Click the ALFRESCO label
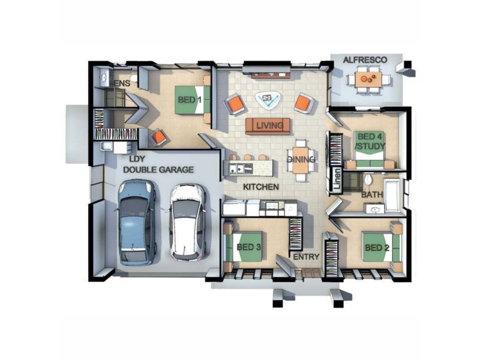[364, 60]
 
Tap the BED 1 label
[189, 100]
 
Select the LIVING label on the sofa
[268, 126]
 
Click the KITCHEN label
[260, 187]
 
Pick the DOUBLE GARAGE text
[158, 170]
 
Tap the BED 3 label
[248, 247]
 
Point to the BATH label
[373, 195]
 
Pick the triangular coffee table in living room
[266, 99]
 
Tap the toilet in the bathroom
[368, 179]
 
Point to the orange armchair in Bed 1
[159, 137]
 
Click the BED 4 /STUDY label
[369, 142]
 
